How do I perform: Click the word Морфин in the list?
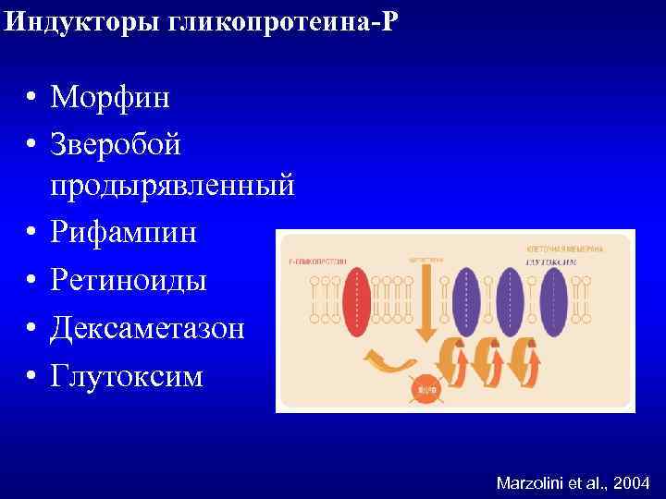110,97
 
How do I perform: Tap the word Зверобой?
117,144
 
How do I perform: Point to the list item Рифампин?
124,232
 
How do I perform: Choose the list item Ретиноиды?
129,279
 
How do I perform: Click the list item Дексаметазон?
148,327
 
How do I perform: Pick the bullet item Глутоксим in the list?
127,375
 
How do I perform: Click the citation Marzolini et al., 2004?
573,482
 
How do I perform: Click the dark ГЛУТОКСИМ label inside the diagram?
551,262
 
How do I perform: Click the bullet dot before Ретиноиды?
31,280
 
